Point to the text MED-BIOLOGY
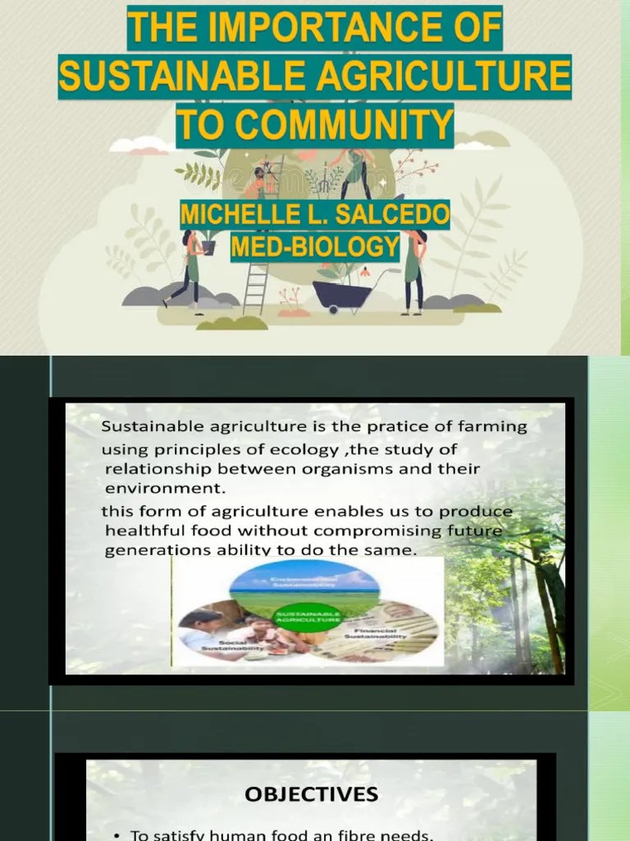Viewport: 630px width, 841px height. (315, 246)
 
